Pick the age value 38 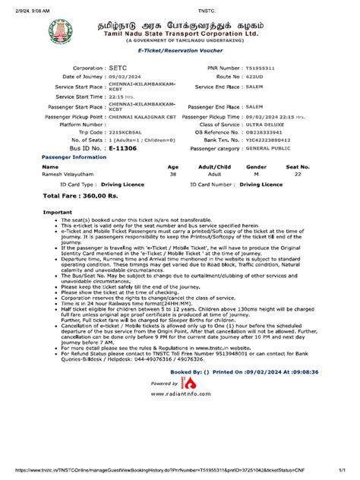(x=172, y=175)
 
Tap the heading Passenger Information (x=68, y=158)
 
